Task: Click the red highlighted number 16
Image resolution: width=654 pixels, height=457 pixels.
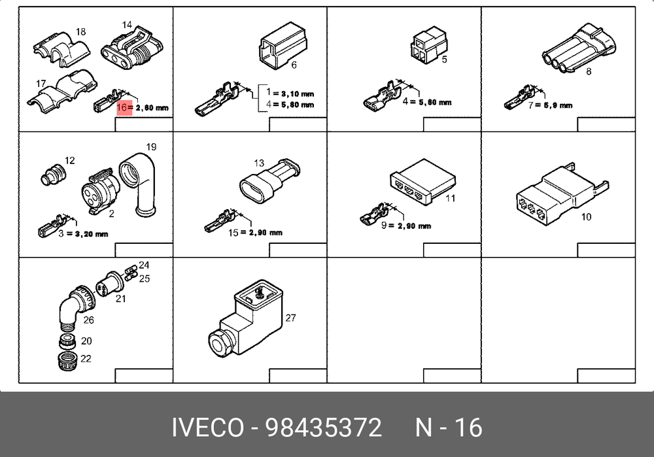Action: [124, 108]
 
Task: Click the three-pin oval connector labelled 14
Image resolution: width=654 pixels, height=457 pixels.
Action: [131, 49]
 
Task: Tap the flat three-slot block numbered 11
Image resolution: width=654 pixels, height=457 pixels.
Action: [423, 181]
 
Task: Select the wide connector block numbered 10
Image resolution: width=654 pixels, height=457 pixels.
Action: [562, 194]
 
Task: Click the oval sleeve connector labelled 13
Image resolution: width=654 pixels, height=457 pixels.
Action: [269, 180]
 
